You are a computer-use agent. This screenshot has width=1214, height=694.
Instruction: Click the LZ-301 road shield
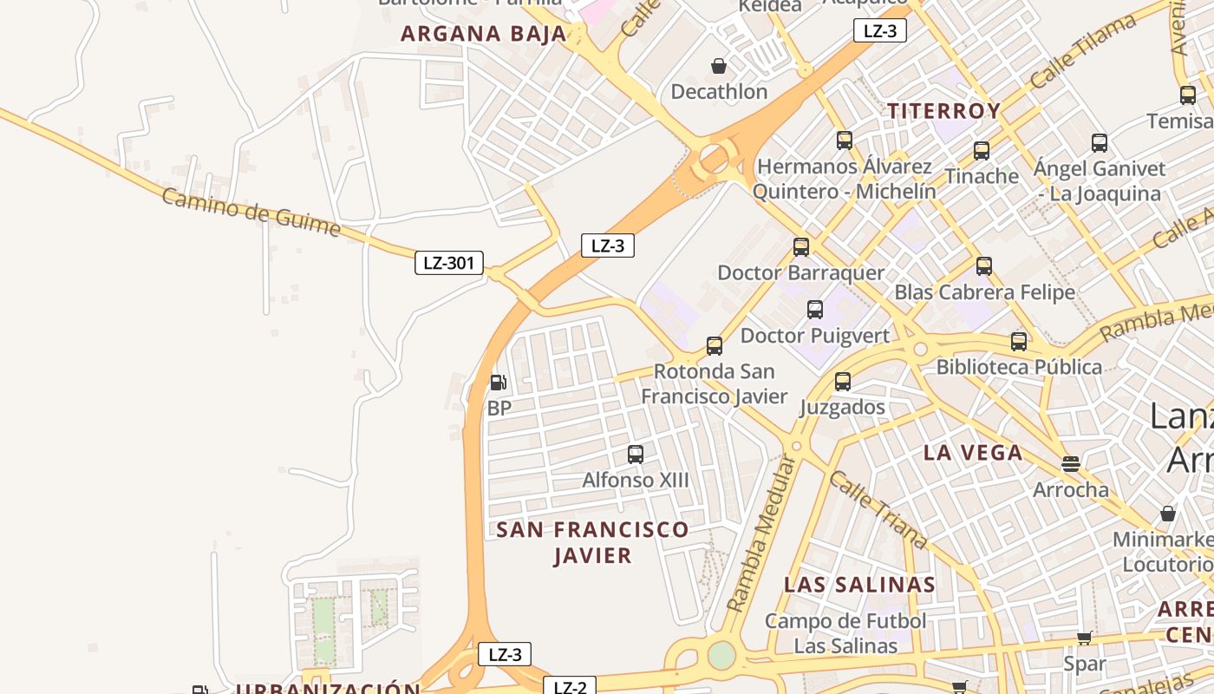pos(448,263)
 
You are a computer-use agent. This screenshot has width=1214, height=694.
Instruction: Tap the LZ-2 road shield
pos(571,687)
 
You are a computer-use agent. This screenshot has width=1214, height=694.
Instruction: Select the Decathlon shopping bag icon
pos(719,66)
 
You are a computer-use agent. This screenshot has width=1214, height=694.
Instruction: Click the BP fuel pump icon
pos(498,382)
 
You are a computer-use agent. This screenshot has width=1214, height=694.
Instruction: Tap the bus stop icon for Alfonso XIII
pos(636,454)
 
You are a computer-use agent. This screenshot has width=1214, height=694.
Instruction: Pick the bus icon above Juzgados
pos(842,381)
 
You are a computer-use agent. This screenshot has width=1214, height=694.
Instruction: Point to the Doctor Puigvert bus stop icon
pos(815,310)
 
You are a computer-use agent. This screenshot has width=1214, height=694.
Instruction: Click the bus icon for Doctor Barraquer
pos(801,246)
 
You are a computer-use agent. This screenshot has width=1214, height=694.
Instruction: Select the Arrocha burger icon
pos(1071,463)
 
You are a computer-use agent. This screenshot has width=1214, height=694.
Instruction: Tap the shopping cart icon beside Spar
pos(1084,638)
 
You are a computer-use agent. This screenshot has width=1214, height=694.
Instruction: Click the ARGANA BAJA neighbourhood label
pos(483,35)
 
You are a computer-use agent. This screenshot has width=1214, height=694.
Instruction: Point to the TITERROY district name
pos(943,111)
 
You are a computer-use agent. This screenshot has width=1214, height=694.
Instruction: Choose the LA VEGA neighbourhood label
pos(973,452)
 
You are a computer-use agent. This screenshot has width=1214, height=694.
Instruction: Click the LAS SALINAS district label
pos(859,585)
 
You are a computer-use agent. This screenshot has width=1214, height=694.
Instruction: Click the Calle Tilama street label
pos(1083,50)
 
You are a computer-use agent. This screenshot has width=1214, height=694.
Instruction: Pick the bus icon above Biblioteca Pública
pos(1019,341)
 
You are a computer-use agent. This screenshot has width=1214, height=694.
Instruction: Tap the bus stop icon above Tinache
pos(982,150)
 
